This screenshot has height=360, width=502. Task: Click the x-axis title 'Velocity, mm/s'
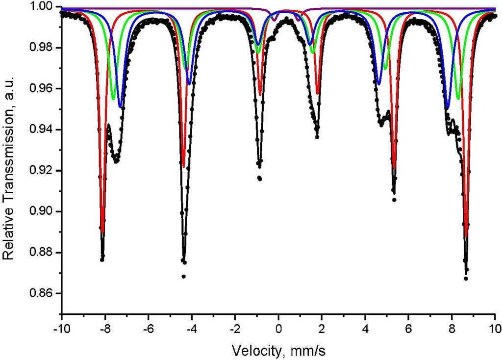pyautogui.click(x=278, y=350)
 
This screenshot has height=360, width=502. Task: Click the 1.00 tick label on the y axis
pyautogui.click(x=43, y=7)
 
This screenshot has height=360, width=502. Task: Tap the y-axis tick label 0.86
pyautogui.click(x=43, y=294)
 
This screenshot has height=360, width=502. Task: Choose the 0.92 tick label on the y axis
pyautogui.click(x=43, y=171)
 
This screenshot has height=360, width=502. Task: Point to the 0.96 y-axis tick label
pyautogui.click(x=43, y=89)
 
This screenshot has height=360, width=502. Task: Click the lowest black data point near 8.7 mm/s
pyautogui.click(x=466, y=279)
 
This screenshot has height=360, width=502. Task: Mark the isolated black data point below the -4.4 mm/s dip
pyautogui.click(x=184, y=277)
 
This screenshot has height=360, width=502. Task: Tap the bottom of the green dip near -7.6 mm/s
pyautogui.click(x=113, y=99)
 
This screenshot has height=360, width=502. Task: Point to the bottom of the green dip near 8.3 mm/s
pyautogui.click(x=458, y=99)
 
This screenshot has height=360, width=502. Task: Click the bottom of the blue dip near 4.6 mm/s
pyautogui.click(x=379, y=84)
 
